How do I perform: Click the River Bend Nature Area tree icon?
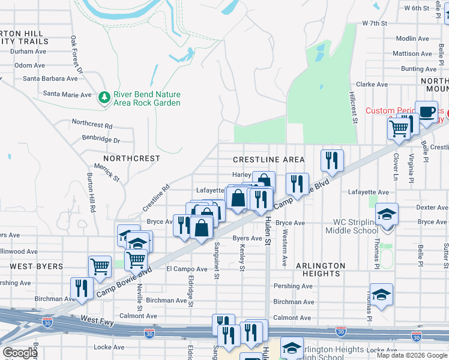pos(104,98)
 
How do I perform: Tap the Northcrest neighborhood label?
pos(127,158)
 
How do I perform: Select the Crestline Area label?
pos(269,160)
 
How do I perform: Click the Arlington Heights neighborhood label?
pos(321,269)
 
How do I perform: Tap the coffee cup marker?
pos(427,112)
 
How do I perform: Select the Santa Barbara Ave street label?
pos(50,79)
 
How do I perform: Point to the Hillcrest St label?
pos(354,108)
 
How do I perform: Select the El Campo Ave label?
pos(186,269)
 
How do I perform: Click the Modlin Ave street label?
pos(412,38)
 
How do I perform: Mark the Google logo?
pos(20,353)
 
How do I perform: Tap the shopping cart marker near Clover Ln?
pos(399,128)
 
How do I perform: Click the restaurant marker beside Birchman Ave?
pos(80,288)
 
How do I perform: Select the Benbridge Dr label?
pos(101,140)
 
